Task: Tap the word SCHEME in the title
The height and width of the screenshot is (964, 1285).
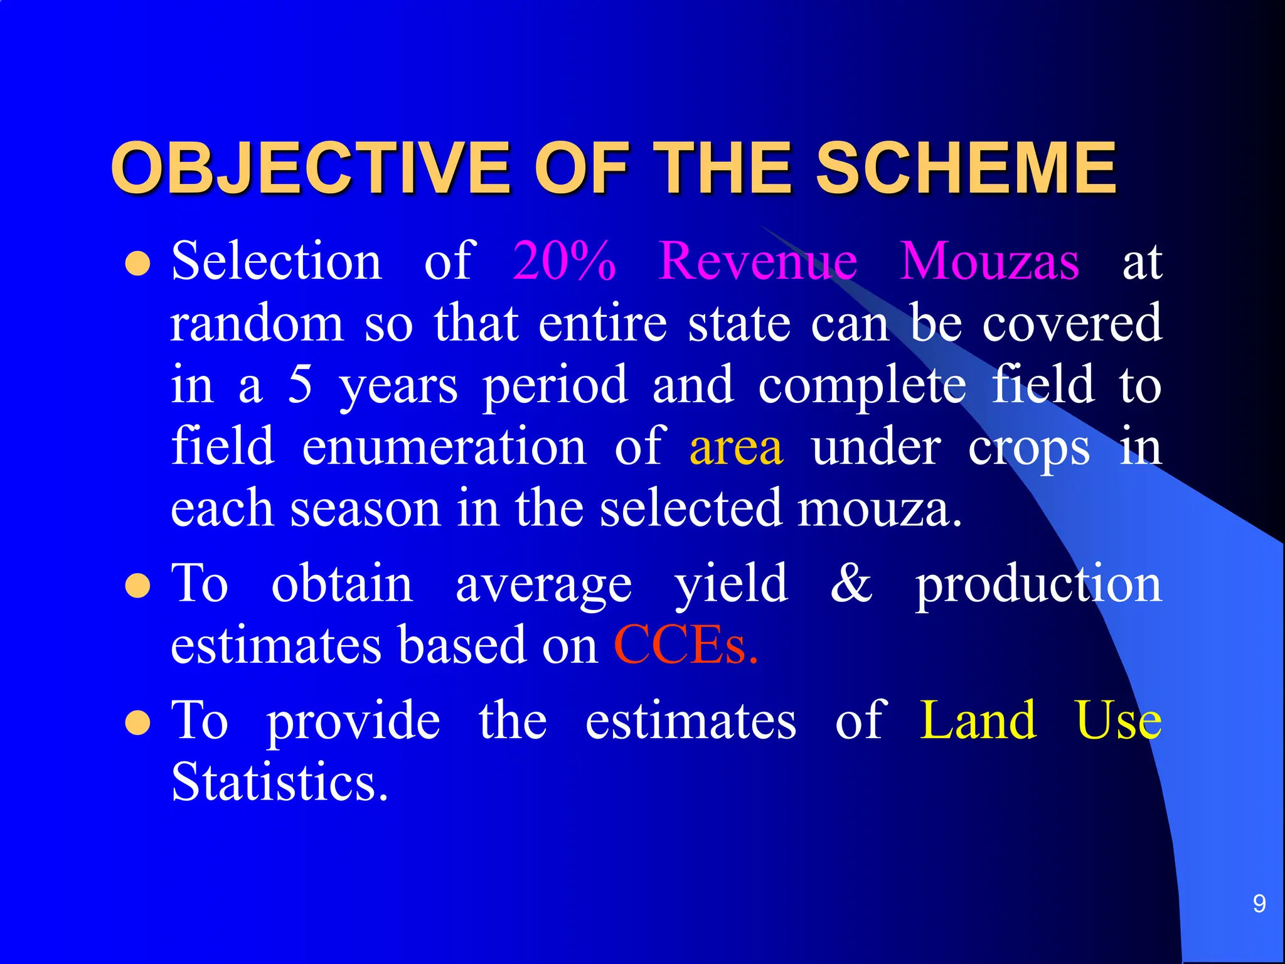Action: [x=966, y=168]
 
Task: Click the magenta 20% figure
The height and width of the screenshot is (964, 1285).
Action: [x=563, y=261]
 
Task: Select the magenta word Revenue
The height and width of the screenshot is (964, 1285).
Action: [x=758, y=261]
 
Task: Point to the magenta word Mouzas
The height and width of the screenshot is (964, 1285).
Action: [x=989, y=261]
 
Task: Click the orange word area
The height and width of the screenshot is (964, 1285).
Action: [x=736, y=447]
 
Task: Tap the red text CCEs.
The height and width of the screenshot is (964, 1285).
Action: [x=685, y=645]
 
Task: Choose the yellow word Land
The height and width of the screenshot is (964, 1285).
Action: [x=978, y=720]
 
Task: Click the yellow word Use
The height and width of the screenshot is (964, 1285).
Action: [x=1117, y=720]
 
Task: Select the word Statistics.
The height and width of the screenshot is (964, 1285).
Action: [x=279, y=782]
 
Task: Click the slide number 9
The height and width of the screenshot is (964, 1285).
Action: [x=1259, y=904]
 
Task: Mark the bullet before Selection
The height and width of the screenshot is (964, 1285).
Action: [x=137, y=264]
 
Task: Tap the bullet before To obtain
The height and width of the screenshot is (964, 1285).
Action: [x=137, y=587]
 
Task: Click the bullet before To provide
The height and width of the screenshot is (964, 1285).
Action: [x=137, y=723]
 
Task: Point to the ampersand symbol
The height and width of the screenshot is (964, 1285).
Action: [x=851, y=584]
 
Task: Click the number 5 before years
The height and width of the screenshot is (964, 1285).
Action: [x=300, y=385]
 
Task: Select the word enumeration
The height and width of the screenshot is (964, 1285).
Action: [x=444, y=447]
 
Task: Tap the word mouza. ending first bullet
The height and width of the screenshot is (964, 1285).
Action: [x=879, y=508]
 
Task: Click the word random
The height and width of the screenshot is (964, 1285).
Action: [x=257, y=324]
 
